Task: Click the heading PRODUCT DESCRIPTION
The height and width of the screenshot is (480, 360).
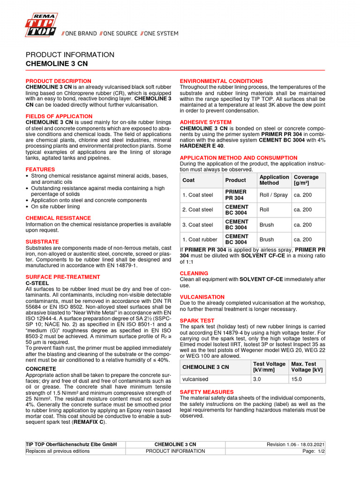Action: (x=58, y=81)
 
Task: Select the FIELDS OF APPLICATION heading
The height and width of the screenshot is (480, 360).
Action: (x=59, y=116)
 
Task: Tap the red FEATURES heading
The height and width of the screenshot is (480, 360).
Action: (x=40, y=169)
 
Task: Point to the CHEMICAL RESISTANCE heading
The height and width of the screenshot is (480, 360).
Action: (x=58, y=218)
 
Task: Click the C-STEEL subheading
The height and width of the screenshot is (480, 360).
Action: (x=37, y=283)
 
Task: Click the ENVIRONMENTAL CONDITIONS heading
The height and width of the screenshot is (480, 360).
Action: (x=221, y=81)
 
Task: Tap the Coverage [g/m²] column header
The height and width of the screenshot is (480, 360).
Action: (x=306, y=180)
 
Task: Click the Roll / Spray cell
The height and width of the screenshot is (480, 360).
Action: (x=274, y=195)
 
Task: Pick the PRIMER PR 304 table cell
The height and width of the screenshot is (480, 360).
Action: (x=236, y=195)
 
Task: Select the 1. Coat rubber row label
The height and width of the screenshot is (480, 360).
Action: (x=200, y=240)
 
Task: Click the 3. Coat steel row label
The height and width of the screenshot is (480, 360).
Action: (x=198, y=225)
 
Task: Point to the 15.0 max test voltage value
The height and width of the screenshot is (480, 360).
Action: (x=297, y=379)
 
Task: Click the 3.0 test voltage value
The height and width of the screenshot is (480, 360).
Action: (x=257, y=379)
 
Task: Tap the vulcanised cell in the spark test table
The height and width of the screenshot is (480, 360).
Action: (x=195, y=379)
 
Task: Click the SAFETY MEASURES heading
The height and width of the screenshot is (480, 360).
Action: (x=207, y=392)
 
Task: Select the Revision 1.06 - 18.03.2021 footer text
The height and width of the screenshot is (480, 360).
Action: (x=296, y=444)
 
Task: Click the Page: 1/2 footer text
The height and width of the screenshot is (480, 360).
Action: (x=314, y=451)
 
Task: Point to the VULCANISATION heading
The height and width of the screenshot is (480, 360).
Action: (x=202, y=297)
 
